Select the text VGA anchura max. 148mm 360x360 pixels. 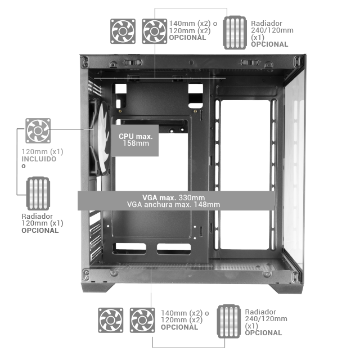173,205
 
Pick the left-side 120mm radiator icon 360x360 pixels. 38,195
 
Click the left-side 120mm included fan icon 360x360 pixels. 38,130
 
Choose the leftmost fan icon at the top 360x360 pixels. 123,30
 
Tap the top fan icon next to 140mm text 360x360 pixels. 154,30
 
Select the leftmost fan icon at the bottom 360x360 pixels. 111,319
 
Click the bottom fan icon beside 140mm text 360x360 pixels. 142,319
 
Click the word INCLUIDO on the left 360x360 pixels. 39,159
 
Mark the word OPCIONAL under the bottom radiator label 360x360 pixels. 263,333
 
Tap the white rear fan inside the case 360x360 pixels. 101,141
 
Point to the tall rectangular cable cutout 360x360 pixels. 245,174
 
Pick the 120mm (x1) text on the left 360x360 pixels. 43,152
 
